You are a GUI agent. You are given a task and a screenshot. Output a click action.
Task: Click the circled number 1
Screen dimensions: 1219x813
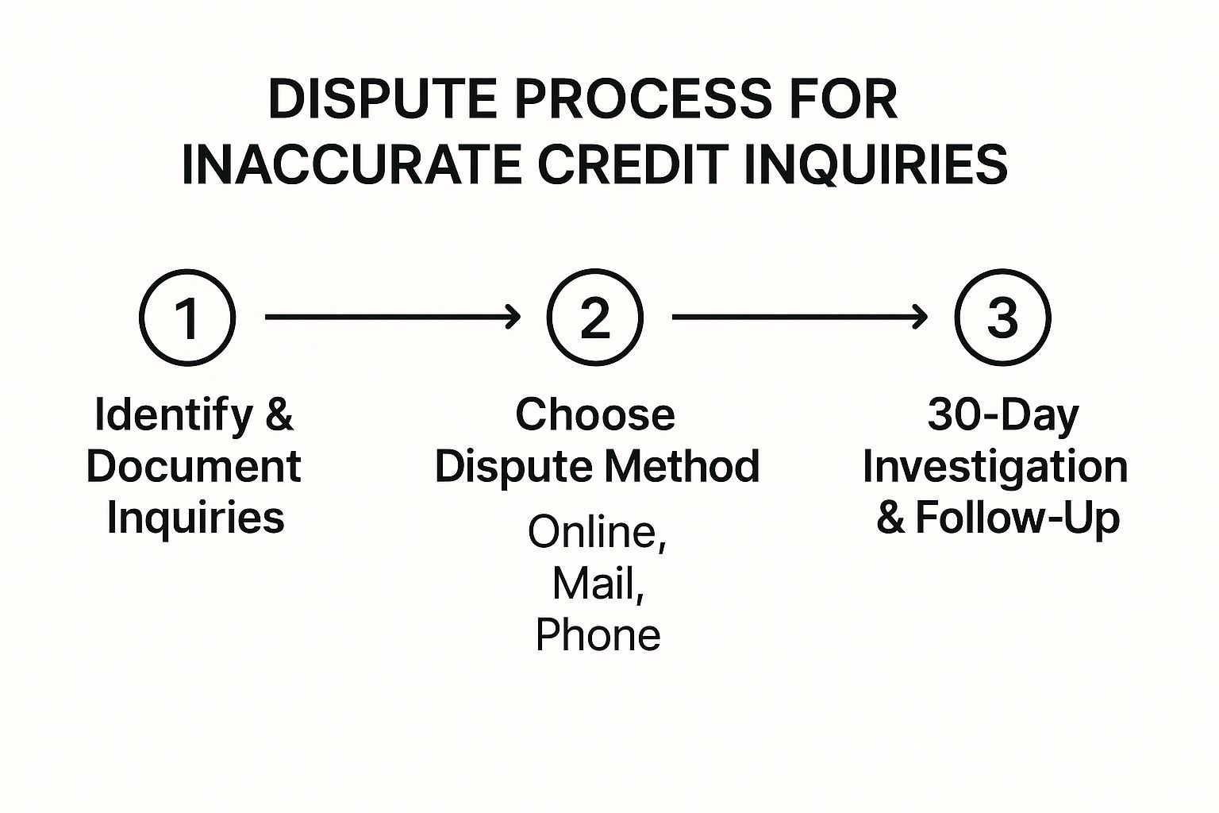click(x=187, y=318)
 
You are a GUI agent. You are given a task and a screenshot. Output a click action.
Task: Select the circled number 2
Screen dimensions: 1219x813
click(x=594, y=318)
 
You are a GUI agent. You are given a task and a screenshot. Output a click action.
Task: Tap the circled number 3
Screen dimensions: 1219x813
click(x=1002, y=318)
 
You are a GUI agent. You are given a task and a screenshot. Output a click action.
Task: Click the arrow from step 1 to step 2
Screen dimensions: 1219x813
click(x=392, y=318)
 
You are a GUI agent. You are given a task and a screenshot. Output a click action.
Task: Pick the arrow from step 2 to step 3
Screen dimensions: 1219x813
click(x=799, y=318)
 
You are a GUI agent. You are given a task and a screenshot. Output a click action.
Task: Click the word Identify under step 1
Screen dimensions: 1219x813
click(x=173, y=415)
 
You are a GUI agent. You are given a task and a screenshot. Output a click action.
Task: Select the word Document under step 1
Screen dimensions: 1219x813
click(x=194, y=466)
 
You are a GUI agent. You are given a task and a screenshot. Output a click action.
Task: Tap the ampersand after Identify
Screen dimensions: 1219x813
click(x=279, y=415)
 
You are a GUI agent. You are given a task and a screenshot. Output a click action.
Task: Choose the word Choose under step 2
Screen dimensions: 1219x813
click(x=595, y=415)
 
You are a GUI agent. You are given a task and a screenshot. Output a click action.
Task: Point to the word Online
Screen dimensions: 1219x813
click(x=597, y=532)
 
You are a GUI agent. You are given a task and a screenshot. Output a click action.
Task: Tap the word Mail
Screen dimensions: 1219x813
click(x=598, y=584)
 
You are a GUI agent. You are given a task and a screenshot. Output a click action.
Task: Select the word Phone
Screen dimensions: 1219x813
click(x=598, y=635)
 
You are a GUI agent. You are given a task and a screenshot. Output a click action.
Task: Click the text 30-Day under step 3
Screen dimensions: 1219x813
click(x=1003, y=415)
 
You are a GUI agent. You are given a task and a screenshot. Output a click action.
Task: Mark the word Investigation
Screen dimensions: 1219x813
click(x=995, y=467)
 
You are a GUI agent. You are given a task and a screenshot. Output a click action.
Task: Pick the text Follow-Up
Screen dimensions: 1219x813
click(x=1017, y=518)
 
